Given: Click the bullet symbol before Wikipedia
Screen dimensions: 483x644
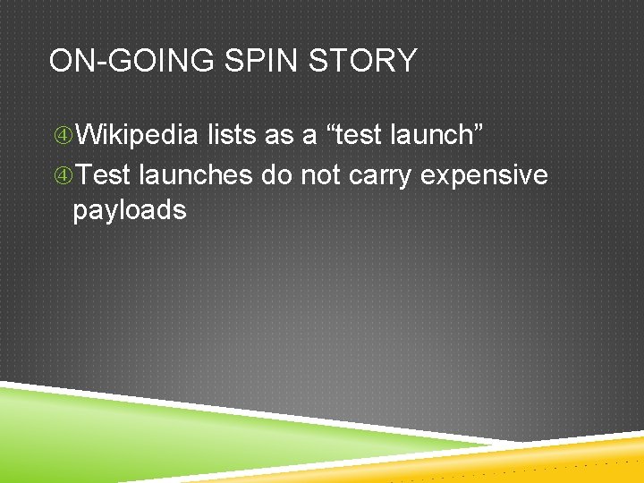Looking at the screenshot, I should point(63,136).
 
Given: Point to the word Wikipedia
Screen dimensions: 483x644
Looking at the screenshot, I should point(137,135).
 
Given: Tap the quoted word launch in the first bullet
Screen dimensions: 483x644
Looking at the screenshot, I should point(438,135).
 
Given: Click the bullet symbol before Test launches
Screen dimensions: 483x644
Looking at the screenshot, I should point(63,175).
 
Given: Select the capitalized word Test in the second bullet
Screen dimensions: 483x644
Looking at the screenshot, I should point(105,174).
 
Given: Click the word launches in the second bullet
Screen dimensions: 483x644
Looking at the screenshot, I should point(196,174).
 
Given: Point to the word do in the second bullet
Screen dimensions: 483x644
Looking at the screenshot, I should point(277,174).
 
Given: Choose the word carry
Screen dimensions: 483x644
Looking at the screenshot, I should point(381,176).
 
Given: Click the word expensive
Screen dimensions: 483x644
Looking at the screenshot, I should point(484,176).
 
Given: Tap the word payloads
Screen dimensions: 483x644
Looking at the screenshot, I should point(130,212).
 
